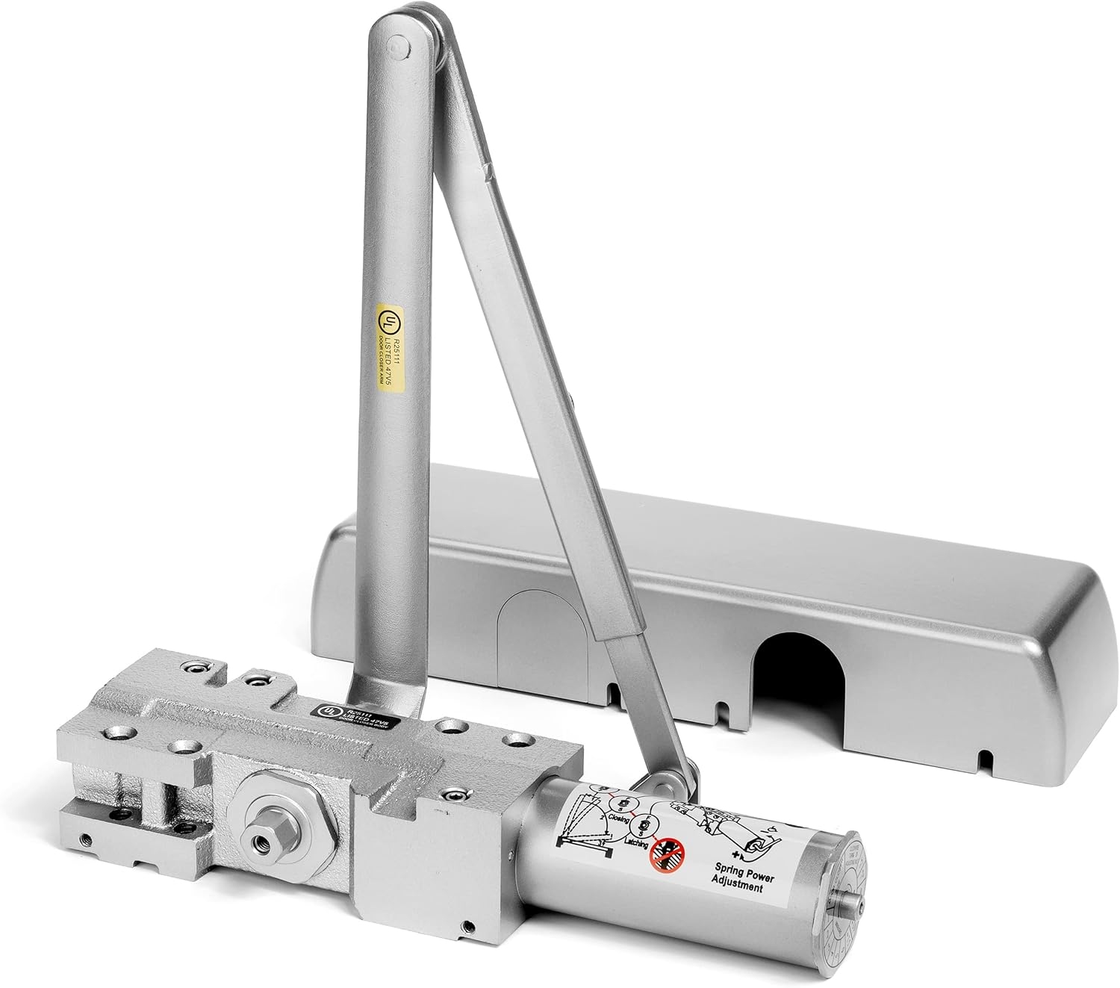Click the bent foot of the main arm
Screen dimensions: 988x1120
[388, 691]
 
